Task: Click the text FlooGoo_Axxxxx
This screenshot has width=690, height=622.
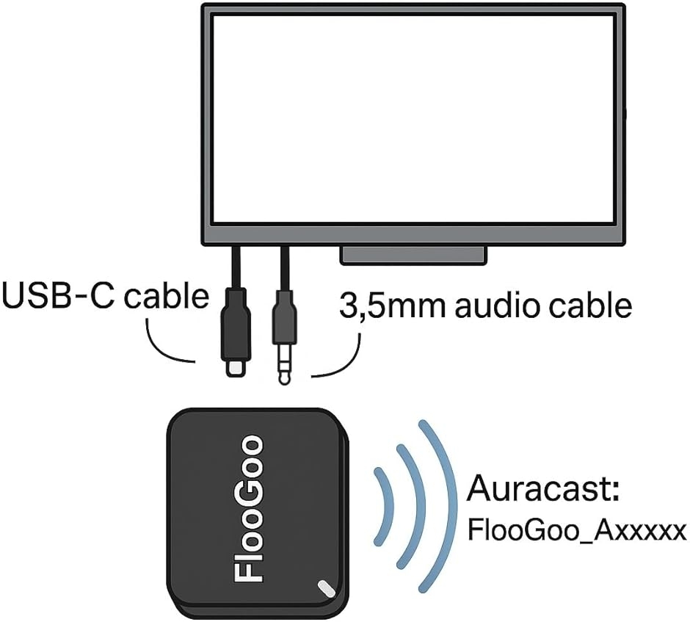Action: point(577,530)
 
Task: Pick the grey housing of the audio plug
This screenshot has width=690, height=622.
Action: point(284,317)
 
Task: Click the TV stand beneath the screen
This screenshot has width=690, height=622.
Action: point(414,256)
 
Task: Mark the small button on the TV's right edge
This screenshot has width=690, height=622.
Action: point(625,114)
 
